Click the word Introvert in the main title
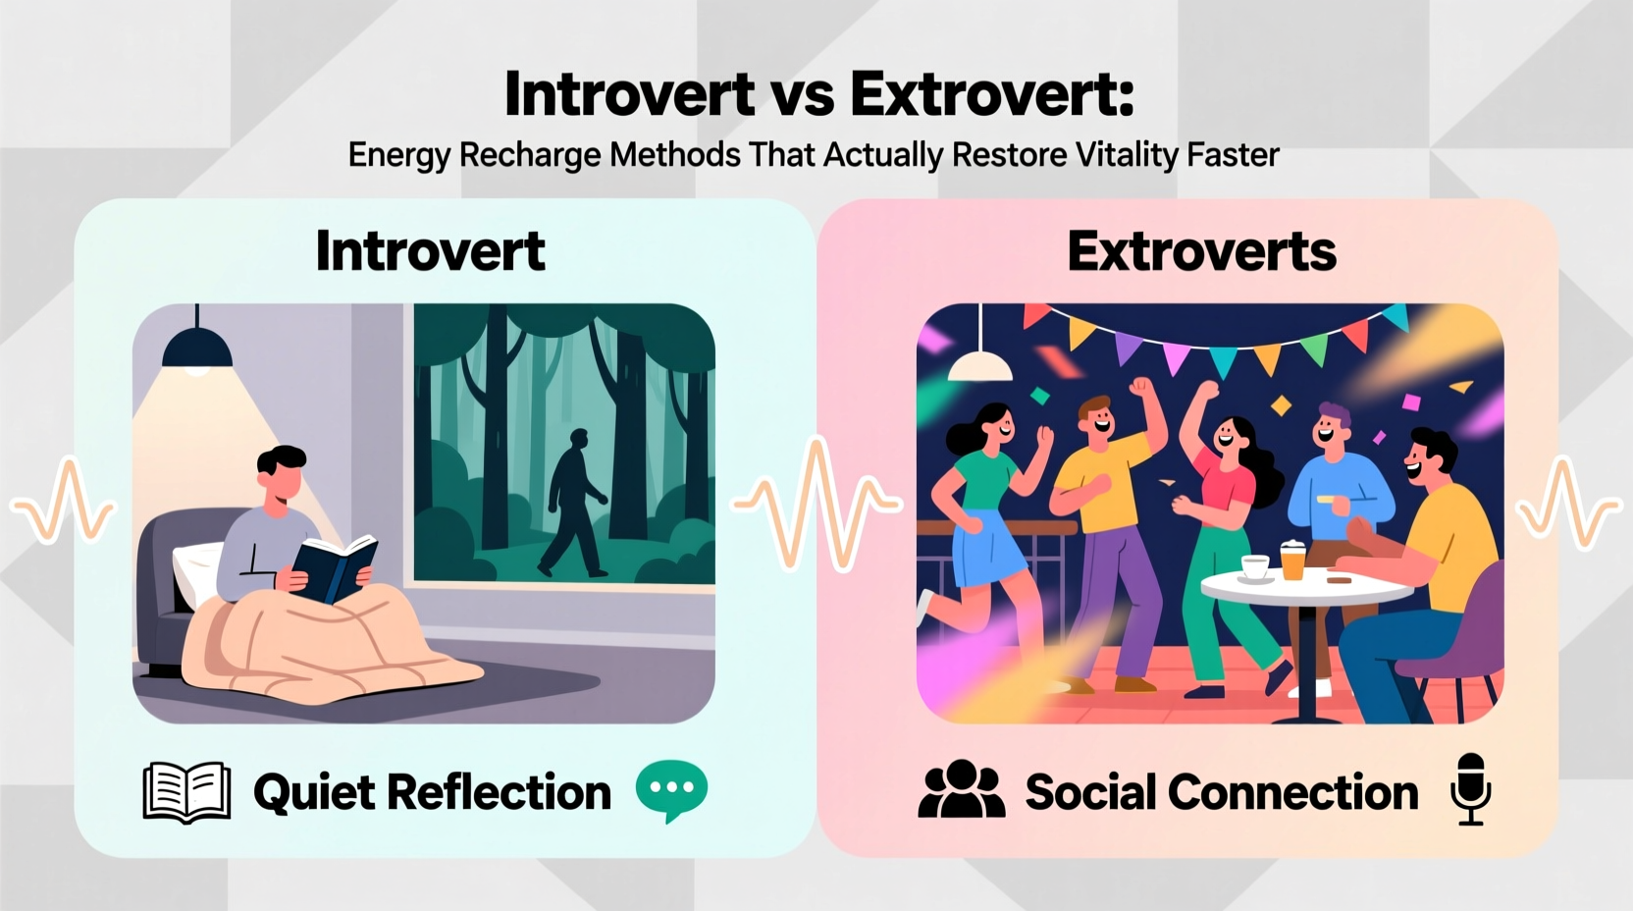629,95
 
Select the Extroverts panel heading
1201,251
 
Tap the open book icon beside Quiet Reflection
186,791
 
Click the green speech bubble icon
671,789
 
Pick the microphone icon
1470,788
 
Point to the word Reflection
500,792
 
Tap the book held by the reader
335,568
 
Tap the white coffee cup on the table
1254,567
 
